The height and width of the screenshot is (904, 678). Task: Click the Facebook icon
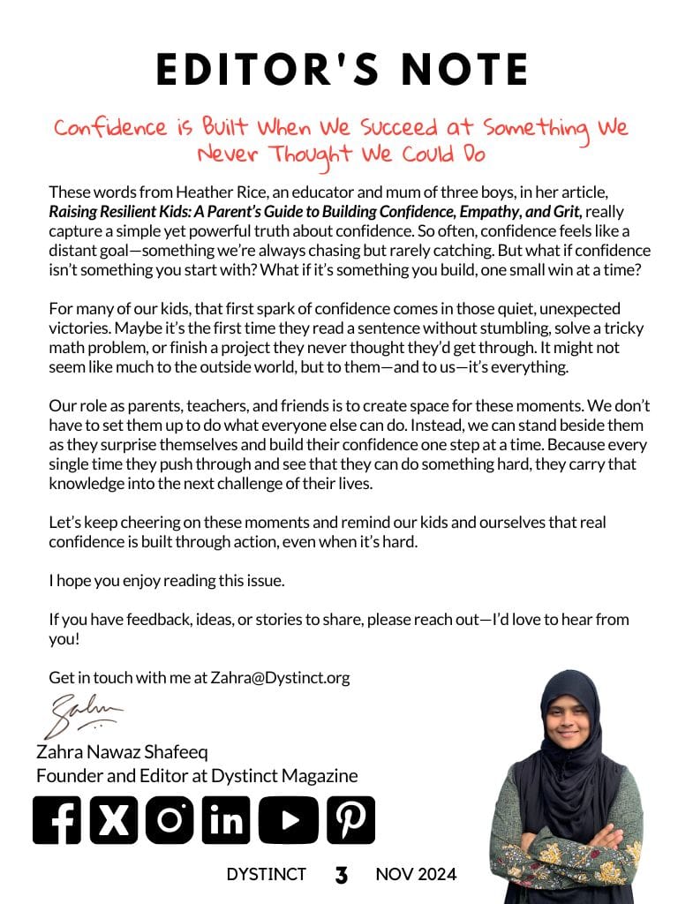pos(57,820)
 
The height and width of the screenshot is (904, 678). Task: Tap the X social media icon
pos(113,820)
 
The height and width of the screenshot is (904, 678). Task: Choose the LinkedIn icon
pos(226,820)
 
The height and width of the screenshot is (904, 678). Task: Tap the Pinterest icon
pos(350,820)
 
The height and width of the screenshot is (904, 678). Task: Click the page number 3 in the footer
pos(341,876)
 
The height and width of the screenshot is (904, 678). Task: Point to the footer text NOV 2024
pos(416,875)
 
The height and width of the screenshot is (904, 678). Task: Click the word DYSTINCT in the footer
pos(266,875)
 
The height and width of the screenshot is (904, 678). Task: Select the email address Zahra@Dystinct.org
pos(280,678)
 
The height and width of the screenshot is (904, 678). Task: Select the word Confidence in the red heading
pos(109,128)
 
